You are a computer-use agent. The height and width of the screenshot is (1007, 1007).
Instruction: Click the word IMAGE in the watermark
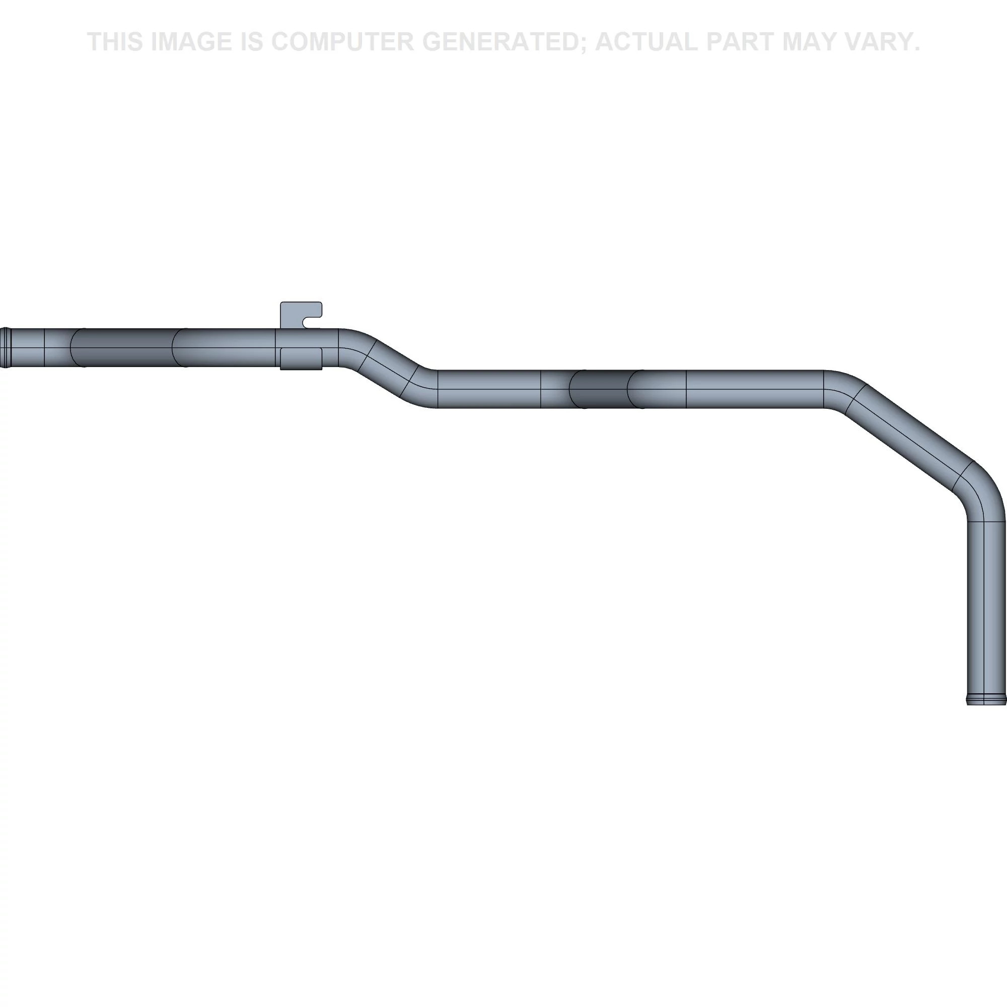pyautogui.click(x=191, y=42)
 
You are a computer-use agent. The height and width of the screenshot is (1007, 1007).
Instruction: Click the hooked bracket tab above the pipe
pyautogui.click(x=301, y=315)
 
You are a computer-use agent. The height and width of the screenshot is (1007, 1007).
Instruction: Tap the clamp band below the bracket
pyautogui.click(x=301, y=359)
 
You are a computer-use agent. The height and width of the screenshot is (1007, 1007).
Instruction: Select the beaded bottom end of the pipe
pyautogui.click(x=986, y=699)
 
